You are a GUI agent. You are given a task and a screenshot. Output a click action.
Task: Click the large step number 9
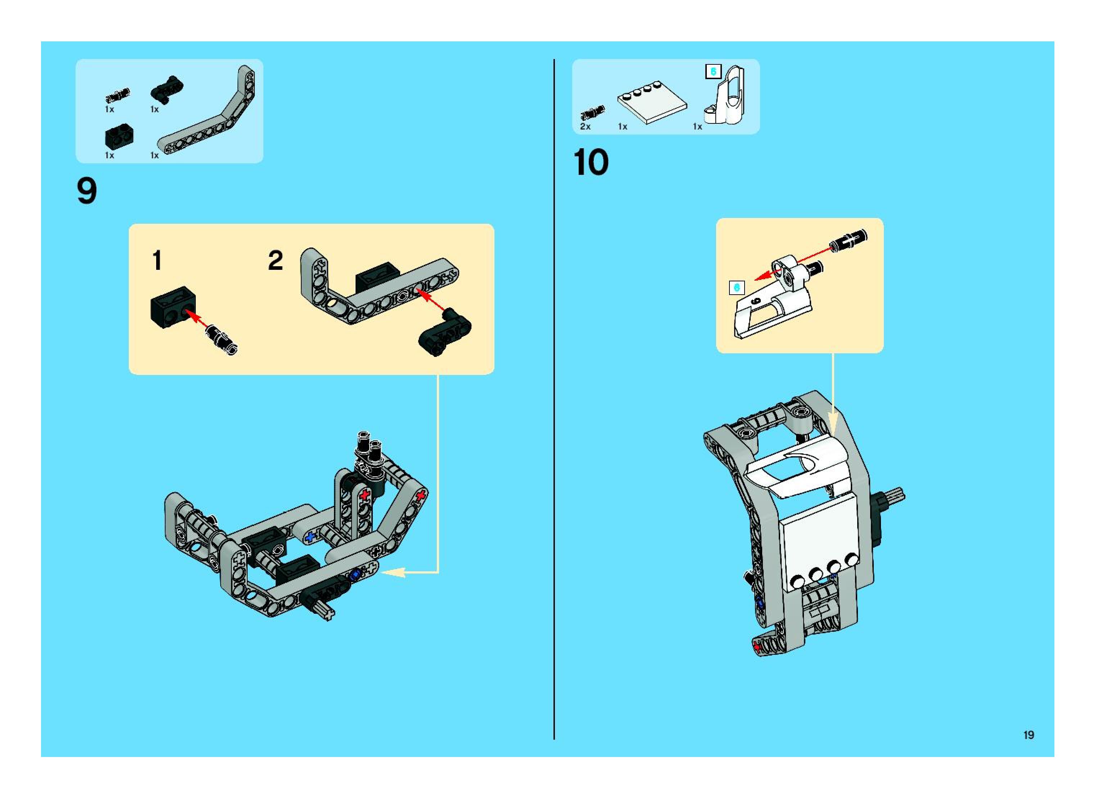click(87, 191)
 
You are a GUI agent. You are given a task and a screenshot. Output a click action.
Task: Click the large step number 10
click(591, 162)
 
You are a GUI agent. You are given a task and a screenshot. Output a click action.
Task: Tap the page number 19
click(1028, 735)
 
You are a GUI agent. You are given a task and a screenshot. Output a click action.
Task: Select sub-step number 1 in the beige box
click(157, 260)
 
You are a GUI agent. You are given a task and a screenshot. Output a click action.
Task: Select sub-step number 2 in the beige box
click(275, 260)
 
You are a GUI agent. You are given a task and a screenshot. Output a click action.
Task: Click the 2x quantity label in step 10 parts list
click(585, 127)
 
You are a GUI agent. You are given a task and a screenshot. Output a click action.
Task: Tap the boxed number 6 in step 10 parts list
click(713, 72)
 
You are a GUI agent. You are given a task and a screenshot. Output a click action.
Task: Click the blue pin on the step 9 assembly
click(355, 574)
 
